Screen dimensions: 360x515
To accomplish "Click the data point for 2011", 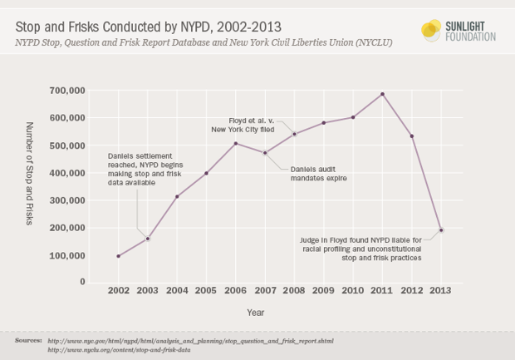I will [x=382, y=94].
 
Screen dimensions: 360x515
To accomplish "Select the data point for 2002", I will [x=119, y=256].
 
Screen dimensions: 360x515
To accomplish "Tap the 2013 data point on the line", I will [x=441, y=230].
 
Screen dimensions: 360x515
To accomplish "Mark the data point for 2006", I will [x=236, y=144].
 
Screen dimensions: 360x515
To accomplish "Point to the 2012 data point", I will [x=411, y=136].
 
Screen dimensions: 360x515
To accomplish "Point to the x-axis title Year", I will [x=256, y=313].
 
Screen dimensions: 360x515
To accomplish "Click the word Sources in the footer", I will [x=28, y=341].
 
